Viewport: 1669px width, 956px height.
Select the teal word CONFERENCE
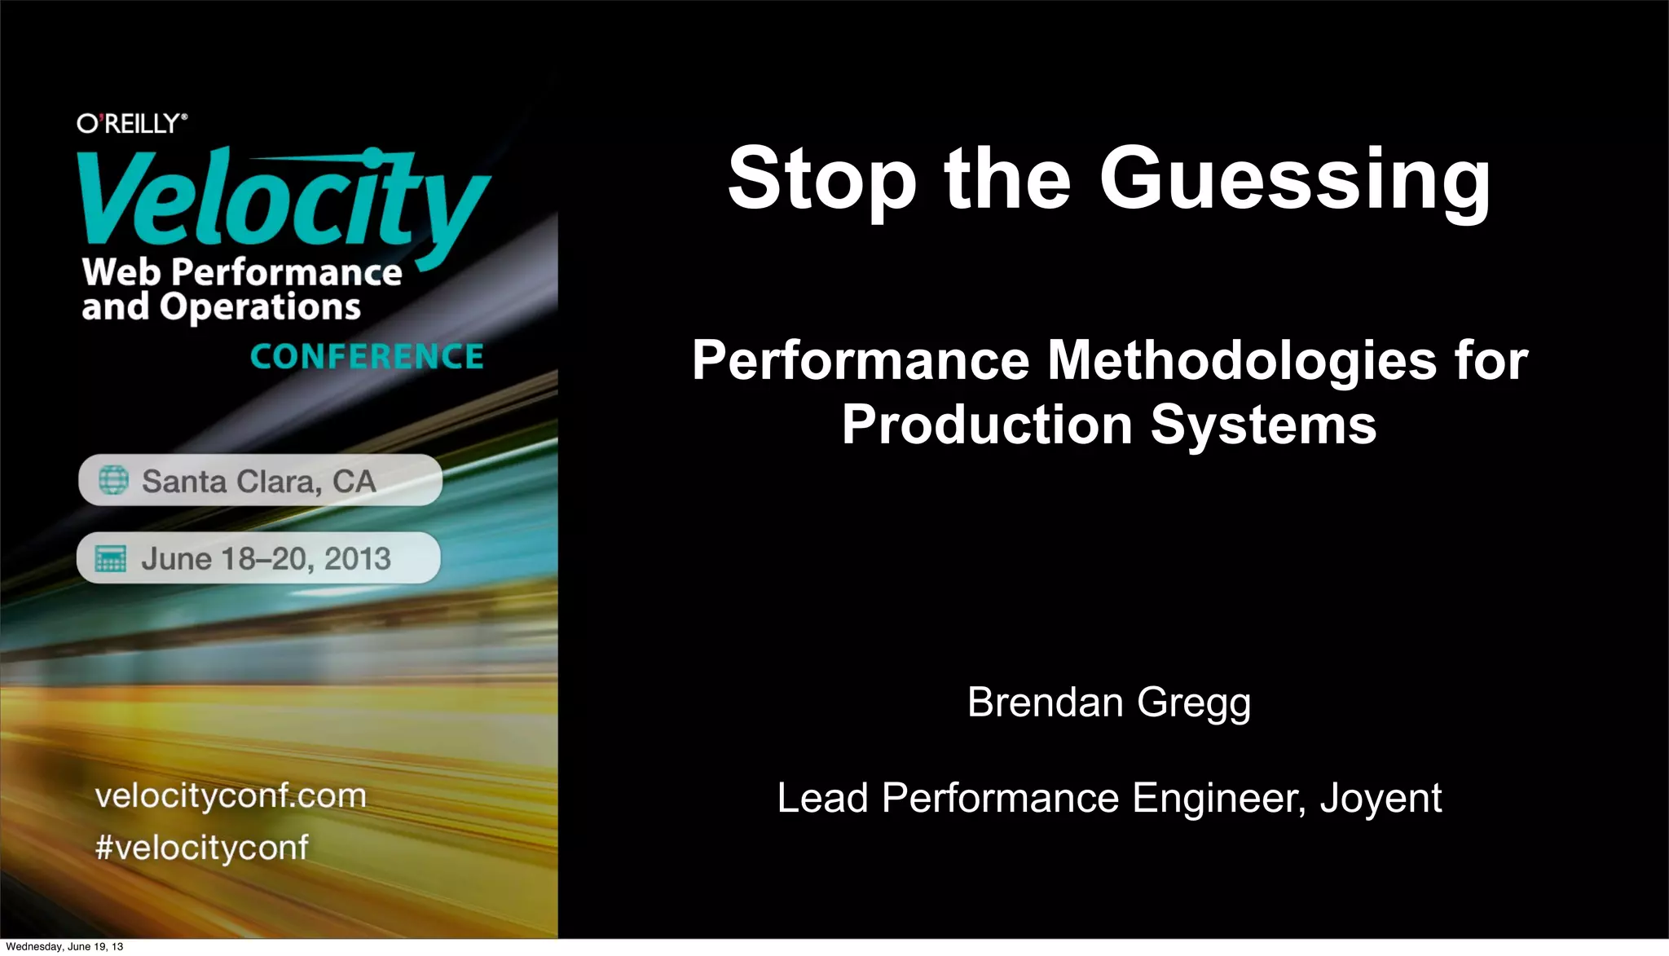(367, 357)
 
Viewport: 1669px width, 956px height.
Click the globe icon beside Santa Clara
(114, 480)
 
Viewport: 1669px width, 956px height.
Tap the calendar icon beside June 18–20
(111, 559)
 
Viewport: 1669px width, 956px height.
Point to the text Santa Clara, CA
(259, 481)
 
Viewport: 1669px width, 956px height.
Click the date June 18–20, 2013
(266, 559)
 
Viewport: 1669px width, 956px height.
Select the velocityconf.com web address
(231, 795)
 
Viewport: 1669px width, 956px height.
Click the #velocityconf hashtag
(202, 848)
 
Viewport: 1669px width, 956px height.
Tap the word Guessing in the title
(1295, 180)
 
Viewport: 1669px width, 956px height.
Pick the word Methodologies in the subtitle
(1242, 360)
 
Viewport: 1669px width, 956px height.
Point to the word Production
(987, 425)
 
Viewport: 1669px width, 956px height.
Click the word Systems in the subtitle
(1263, 425)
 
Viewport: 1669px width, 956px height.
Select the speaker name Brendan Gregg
(1108, 702)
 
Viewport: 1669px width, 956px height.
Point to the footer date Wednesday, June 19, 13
(64, 946)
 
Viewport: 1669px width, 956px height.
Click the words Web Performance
(242, 272)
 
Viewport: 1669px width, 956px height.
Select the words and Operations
(221, 307)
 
